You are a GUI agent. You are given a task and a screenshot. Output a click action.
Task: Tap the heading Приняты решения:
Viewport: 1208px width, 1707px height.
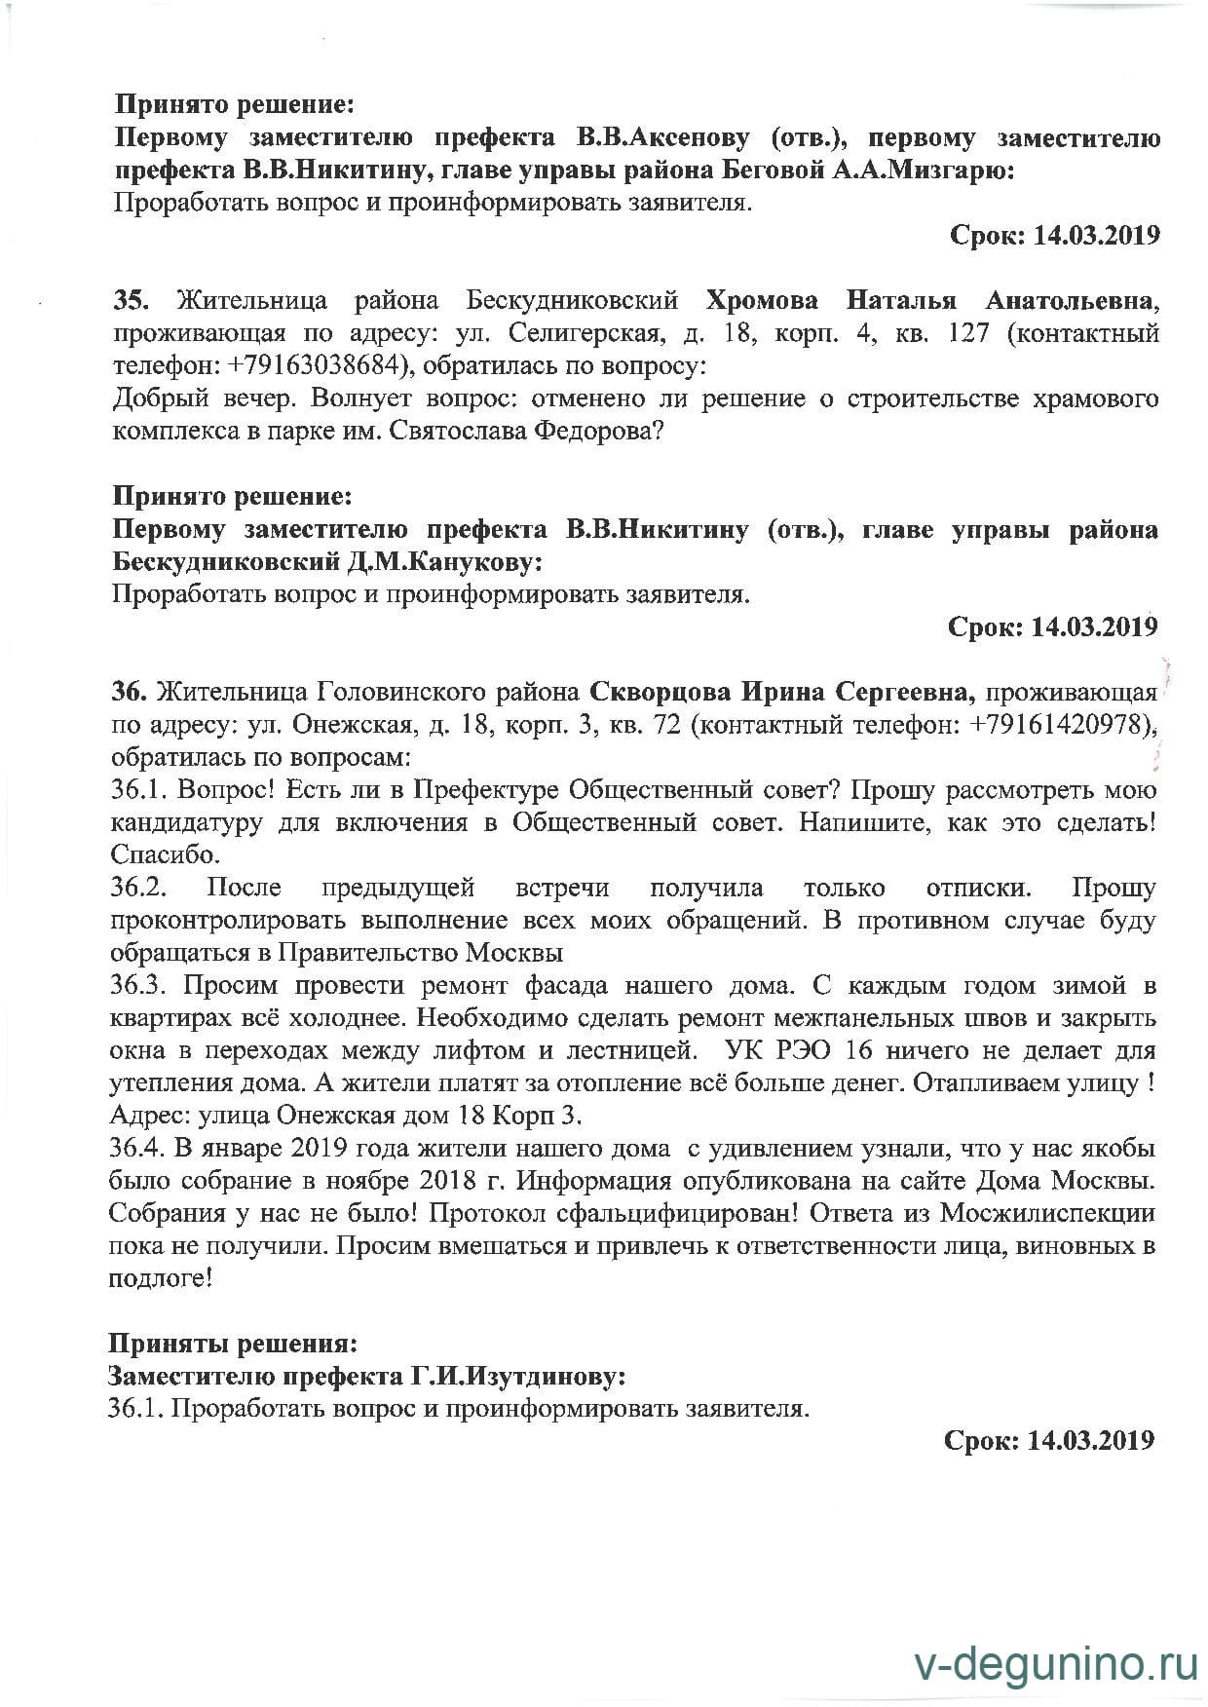pos(232,1344)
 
